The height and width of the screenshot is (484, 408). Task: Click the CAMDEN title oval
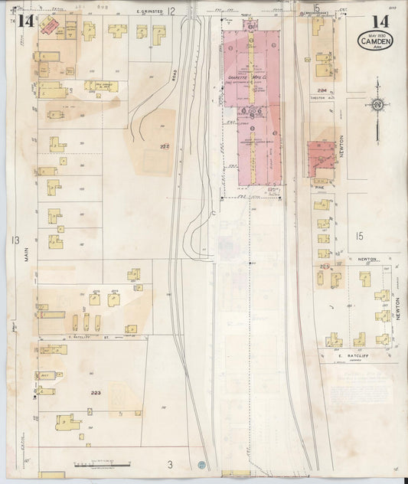click(x=375, y=41)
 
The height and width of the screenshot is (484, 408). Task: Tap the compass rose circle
click(x=377, y=105)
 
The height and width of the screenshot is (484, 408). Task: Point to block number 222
click(x=164, y=146)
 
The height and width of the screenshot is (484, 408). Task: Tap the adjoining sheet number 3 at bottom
click(x=171, y=463)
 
